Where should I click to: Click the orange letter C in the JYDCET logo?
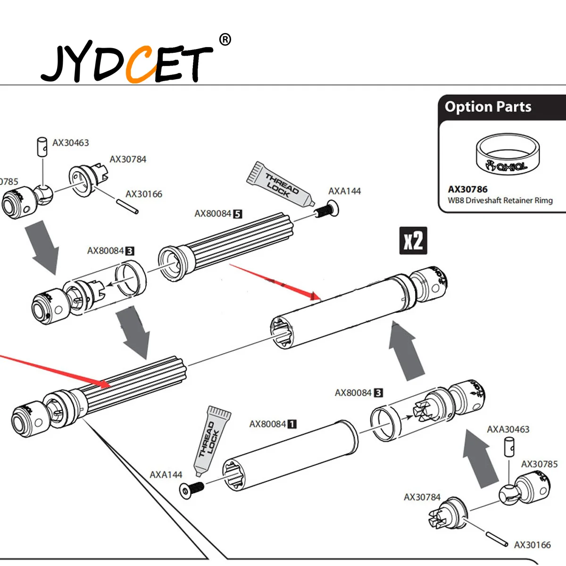pos(141,65)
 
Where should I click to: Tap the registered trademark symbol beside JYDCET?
pos(225,40)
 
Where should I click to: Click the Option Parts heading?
pos(488,107)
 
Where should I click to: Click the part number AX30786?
pos(467,189)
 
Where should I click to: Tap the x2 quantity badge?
pos(413,241)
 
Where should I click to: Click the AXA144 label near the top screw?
pos(344,191)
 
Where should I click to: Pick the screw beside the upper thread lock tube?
pos(325,209)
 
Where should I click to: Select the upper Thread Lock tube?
pos(281,184)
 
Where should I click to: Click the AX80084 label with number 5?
pos(218,214)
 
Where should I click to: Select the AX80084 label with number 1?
pos(273,424)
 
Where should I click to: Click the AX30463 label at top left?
pos(70,142)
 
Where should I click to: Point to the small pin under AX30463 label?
pos(42,147)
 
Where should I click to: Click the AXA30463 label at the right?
pos(508,429)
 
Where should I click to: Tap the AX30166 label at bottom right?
pos(532,545)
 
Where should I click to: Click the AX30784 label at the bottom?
pos(422,497)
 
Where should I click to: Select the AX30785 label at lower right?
pos(539,464)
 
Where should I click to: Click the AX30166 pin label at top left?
pos(143,194)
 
